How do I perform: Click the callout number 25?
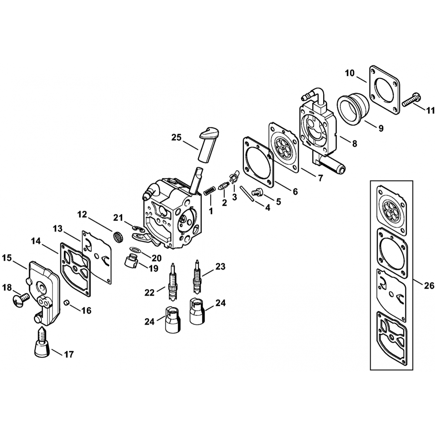[x=177, y=138]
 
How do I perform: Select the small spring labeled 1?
[x=209, y=191]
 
